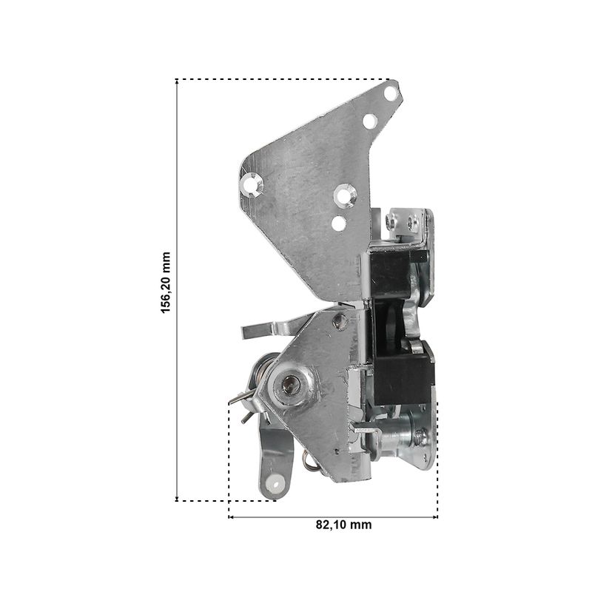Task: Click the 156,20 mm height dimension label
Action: (x=166, y=283)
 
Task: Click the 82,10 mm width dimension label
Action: (x=343, y=525)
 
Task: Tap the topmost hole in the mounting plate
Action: (x=390, y=93)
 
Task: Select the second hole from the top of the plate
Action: (x=370, y=121)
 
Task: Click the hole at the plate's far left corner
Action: (x=250, y=184)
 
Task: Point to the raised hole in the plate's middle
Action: (x=345, y=195)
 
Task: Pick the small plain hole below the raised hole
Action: (x=339, y=223)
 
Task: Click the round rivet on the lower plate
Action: (x=340, y=322)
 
